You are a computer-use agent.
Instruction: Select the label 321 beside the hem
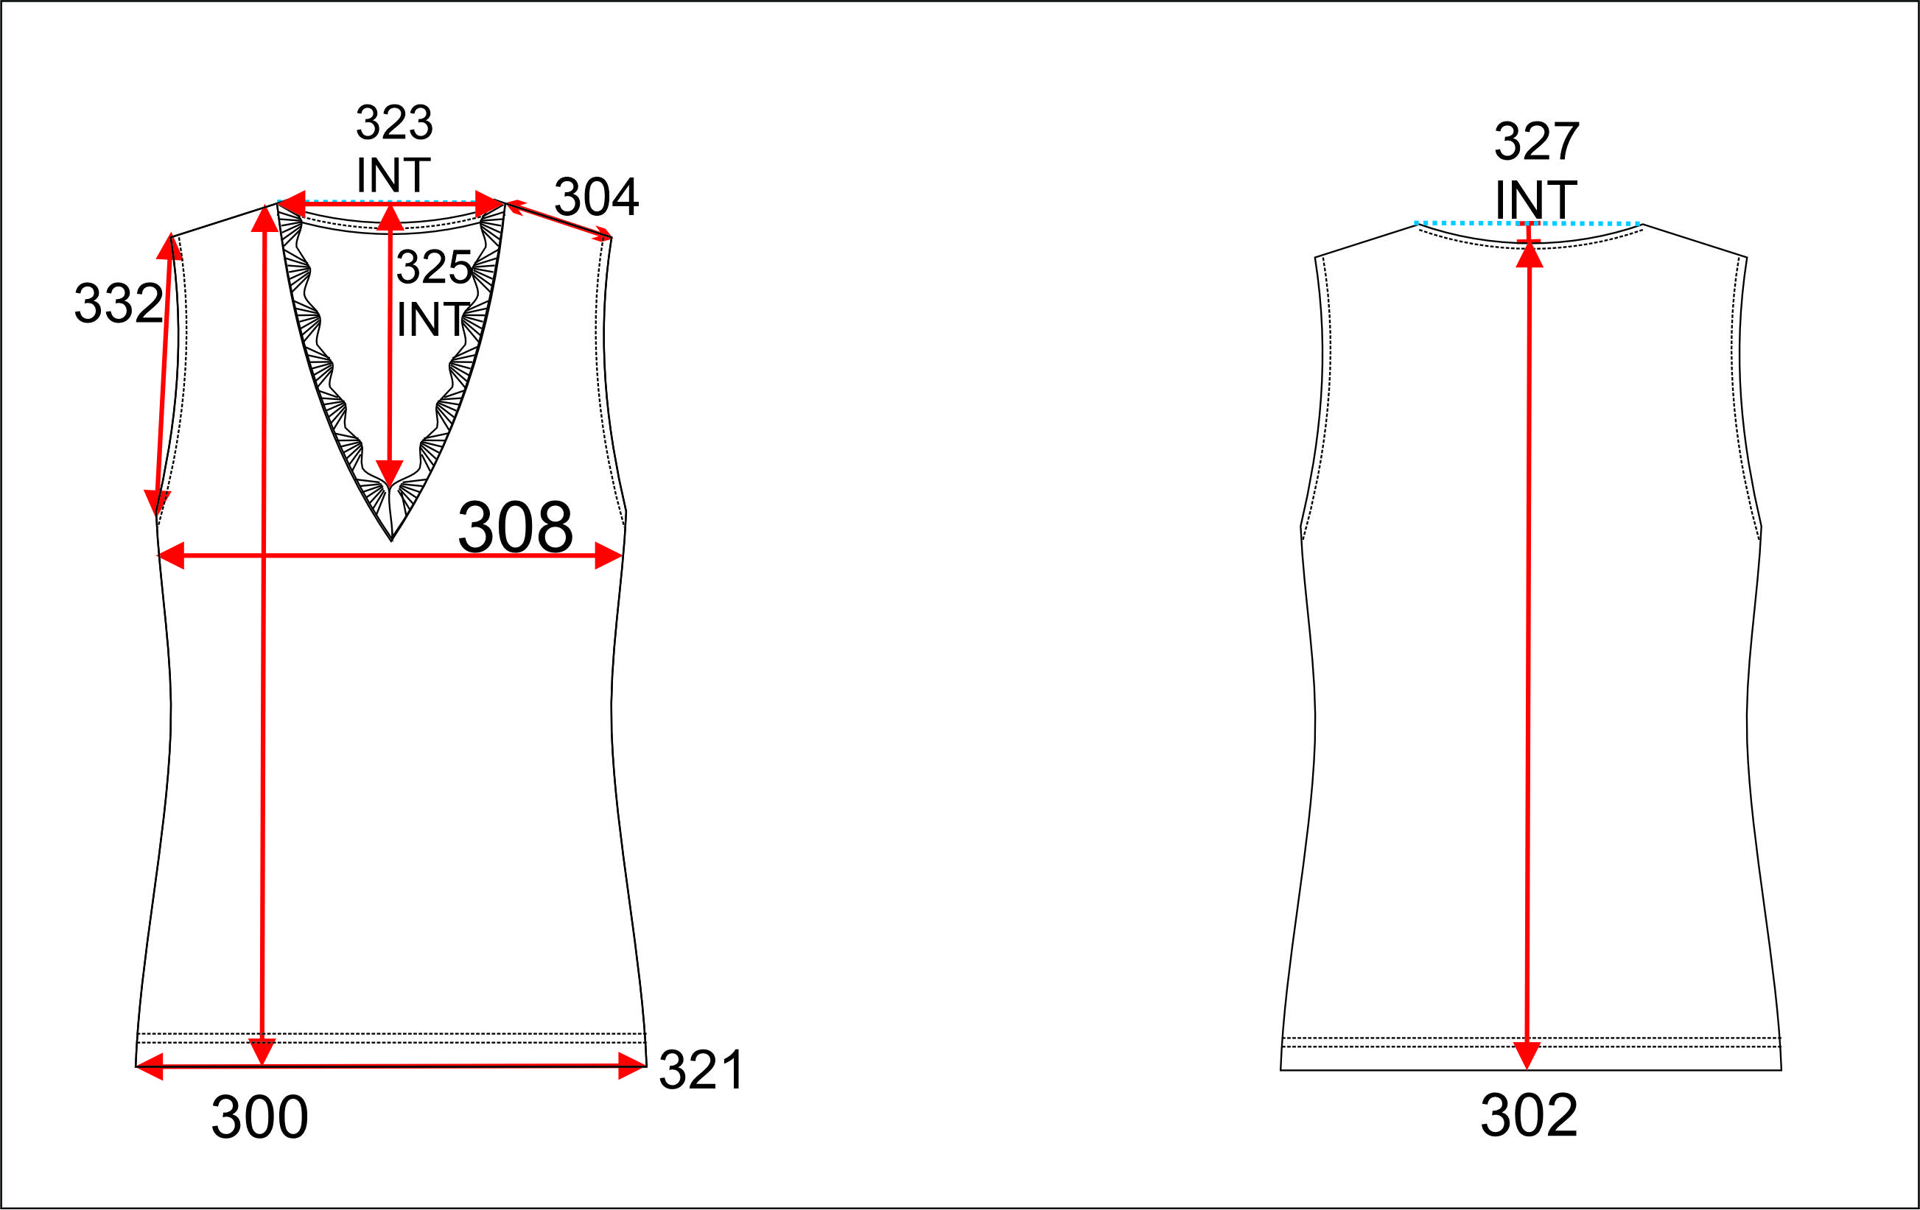click(x=701, y=1070)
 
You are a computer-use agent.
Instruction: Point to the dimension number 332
click(x=119, y=303)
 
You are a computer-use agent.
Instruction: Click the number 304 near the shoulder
click(x=597, y=197)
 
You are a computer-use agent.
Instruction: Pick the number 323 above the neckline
click(x=394, y=123)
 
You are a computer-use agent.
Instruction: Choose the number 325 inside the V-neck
click(x=434, y=267)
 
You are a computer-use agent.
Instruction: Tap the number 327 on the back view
click(x=1536, y=142)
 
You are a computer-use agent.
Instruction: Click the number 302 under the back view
click(x=1529, y=1115)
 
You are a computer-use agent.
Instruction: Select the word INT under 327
click(x=1535, y=200)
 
